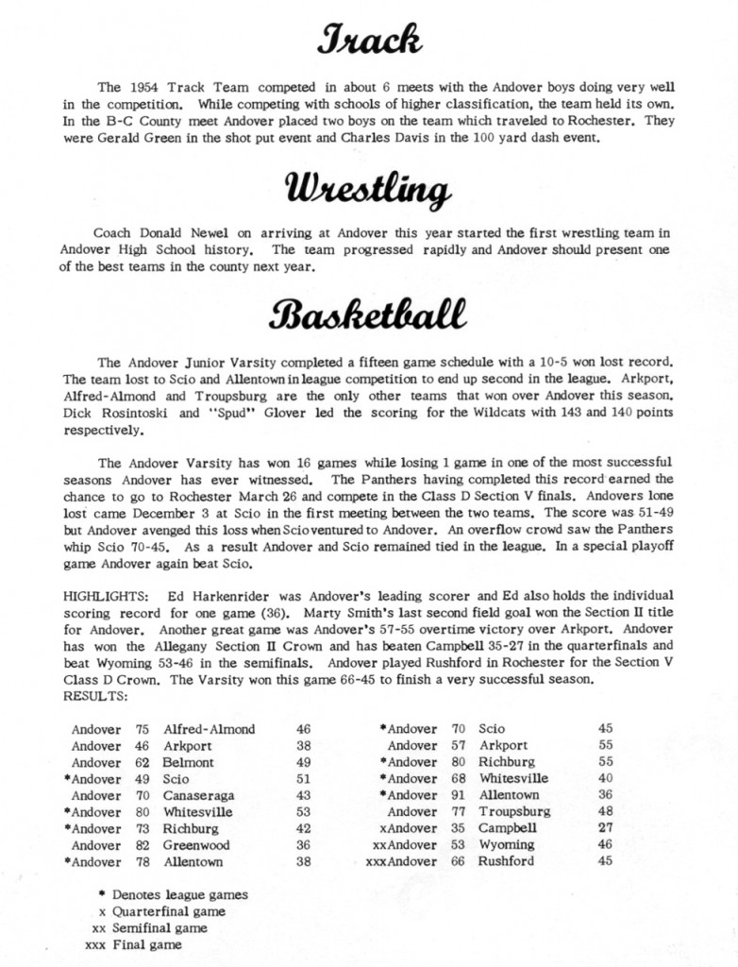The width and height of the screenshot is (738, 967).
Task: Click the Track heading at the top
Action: [x=369, y=41]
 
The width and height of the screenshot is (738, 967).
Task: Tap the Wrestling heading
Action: [x=369, y=192]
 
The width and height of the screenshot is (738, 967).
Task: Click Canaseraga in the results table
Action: [x=199, y=796]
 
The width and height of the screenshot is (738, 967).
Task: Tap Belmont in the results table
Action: [x=189, y=763]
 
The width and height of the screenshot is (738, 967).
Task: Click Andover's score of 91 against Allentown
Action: [x=460, y=796]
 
